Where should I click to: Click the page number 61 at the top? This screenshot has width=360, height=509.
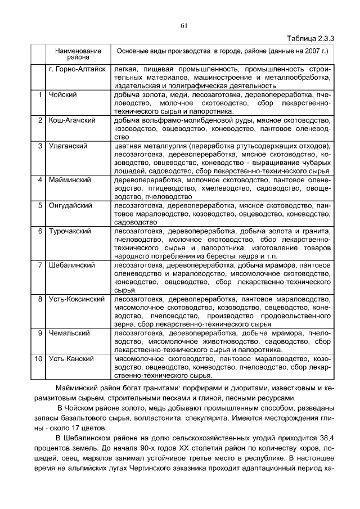pyautogui.click(x=183, y=25)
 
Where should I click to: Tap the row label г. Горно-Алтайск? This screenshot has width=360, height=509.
pyautogui.click(x=77, y=70)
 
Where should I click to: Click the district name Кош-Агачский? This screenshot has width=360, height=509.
pyautogui.click(x=71, y=120)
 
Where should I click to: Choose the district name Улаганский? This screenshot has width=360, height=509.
pyautogui.click(x=67, y=146)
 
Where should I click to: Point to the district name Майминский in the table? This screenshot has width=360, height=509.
pyautogui.click(x=70, y=180)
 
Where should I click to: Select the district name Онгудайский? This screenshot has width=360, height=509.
pyautogui.click(x=70, y=206)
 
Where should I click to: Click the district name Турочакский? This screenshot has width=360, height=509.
pyautogui.click(x=70, y=231)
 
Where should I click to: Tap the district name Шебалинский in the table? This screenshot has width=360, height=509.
pyautogui.click(x=71, y=265)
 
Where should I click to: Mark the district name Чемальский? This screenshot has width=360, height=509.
pyautogui.click(x=69, y=333)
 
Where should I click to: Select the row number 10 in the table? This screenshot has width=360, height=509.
pyautogui.click(x=39, y=358)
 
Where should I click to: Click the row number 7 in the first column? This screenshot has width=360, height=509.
pyautogui.click(x=40, y=265)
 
